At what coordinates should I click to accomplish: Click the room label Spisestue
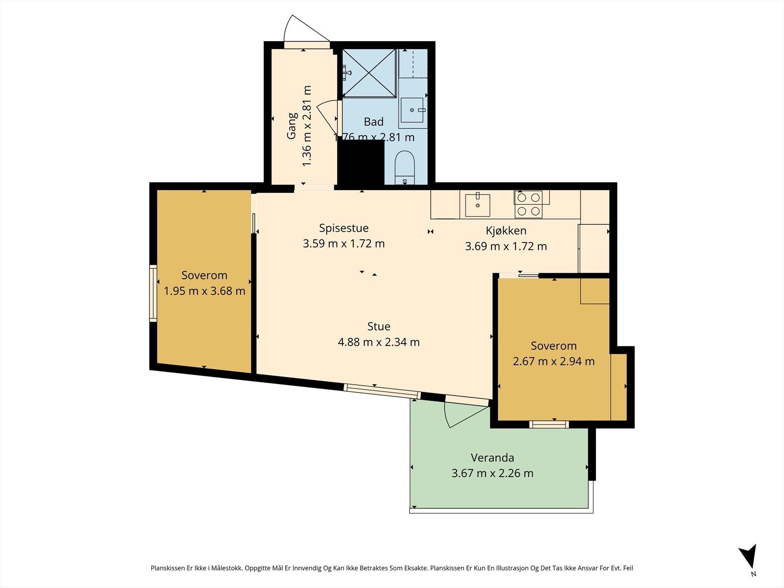(x=343, y=228)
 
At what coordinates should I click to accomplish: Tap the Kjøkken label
(x=506, y=231)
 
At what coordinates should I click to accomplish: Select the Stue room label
(x=379, y=326)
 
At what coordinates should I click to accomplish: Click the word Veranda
(x=492, y=457)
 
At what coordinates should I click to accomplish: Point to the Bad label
(x=373, y=122)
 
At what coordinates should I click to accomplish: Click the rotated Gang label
(x=292, y=125)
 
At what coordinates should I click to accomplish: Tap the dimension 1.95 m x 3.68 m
(x=204, y=291)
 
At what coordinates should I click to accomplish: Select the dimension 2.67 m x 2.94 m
(x=554, y=361)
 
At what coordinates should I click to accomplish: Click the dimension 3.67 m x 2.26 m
(x=492, y=473)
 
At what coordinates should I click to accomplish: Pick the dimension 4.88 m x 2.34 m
(x=379, y=342)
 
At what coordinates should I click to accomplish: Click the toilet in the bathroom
(x=404, y=168)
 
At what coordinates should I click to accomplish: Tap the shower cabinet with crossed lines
(x=369, y=73)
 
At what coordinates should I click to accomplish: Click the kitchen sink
(x=477, y=205)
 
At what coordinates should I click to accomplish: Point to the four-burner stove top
(x=528, y=204)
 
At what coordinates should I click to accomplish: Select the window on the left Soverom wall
(x=153, y=294)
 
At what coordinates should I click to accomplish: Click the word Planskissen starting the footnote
(x=168, y=568)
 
